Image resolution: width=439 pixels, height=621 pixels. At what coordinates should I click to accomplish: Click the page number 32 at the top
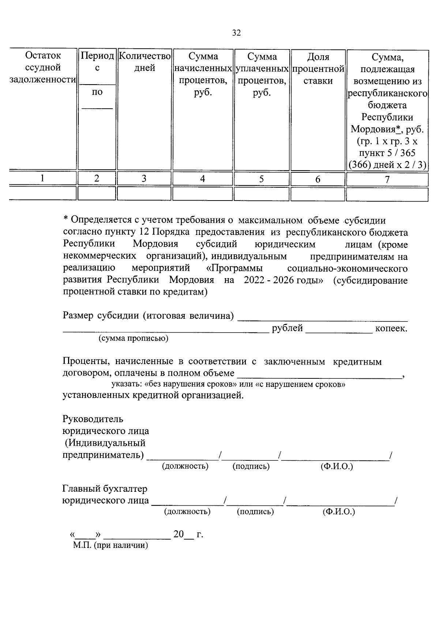237,33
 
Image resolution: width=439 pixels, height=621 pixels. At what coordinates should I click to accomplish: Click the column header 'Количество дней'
145,62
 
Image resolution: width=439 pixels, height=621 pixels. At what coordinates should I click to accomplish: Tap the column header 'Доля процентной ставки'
318,69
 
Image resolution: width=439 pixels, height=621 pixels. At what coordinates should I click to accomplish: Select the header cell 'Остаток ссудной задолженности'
43,68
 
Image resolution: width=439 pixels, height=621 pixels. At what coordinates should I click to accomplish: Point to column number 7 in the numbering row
387,179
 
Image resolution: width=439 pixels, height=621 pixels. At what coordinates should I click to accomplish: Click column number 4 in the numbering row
203,179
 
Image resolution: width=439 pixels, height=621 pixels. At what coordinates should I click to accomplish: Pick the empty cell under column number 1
43,193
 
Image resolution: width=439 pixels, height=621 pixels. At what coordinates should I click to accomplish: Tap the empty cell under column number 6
318,194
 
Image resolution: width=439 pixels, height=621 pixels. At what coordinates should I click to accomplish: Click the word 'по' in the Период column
97,92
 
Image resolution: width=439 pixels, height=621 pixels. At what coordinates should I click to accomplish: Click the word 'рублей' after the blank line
287,328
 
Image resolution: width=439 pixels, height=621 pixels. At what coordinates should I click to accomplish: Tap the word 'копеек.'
391,329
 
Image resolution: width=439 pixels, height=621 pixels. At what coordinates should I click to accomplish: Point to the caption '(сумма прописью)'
134,338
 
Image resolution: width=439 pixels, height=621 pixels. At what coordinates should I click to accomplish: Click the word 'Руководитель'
93,419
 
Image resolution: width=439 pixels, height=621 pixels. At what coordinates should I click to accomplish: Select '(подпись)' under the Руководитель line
251,466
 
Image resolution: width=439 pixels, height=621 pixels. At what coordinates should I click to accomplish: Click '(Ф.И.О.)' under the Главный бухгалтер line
339,512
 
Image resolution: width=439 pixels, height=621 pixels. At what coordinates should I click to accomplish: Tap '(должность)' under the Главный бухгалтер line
187,512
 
